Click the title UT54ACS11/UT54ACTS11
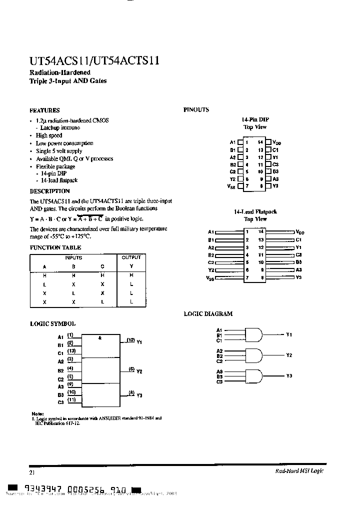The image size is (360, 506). click(94, 61)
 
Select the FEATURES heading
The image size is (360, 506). click(44, 110)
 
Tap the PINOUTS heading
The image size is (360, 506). click(196, 110)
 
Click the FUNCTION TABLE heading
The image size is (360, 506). click(55, 247)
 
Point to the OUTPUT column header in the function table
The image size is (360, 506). click(131, 257)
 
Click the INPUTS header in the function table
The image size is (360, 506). click(73, 257)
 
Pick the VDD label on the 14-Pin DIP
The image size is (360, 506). click(278, 143)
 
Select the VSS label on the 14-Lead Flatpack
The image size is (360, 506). click(210, 278)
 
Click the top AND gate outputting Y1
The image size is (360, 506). click(253, 334)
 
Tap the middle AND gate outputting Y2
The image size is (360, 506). click(253, 355)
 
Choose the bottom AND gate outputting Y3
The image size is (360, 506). click(253, 375)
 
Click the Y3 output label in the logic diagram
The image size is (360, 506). click(289, 375)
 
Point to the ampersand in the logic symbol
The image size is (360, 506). click(100, 338)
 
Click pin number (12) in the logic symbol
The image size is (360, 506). click(130, 340)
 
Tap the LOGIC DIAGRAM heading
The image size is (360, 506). click(208, 314)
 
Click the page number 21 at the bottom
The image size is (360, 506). click(32, 472)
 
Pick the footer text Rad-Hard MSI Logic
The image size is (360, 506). click(299, 472)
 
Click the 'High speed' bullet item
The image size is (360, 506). click(49, 135)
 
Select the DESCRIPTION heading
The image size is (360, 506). click(49, 191)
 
